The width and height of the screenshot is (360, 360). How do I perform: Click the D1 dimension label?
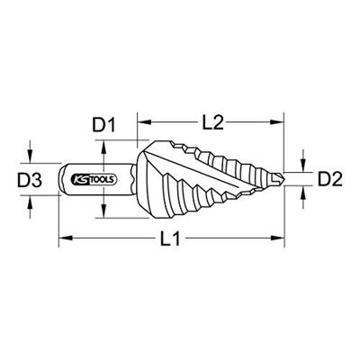point(103,125)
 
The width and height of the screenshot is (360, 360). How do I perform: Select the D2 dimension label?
point(330,179)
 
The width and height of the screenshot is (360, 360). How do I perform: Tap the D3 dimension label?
point(30,181)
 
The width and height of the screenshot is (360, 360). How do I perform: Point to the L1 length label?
point(170,239)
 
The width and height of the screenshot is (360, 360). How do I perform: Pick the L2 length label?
point(213,122)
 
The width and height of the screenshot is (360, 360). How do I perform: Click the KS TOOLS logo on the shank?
point(94,179)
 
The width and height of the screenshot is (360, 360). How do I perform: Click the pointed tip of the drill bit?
point(283,179)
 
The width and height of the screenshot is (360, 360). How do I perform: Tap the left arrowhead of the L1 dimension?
point(66,238)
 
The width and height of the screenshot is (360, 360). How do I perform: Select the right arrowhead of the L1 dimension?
point(277,238)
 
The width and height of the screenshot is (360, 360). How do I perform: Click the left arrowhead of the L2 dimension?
point(144,121)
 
